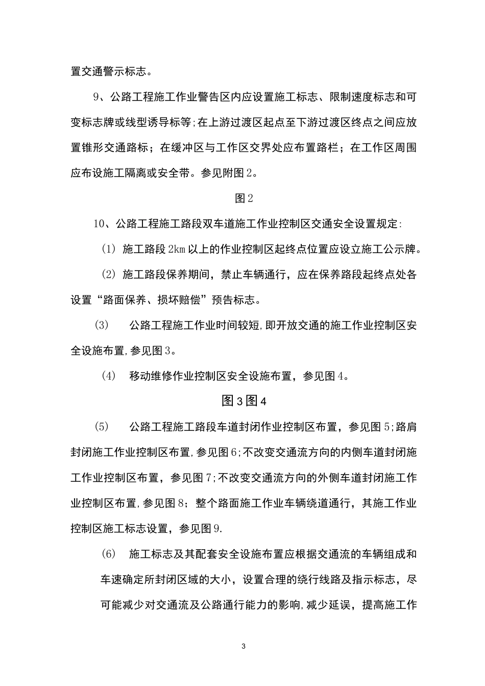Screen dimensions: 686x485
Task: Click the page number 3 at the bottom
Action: tap(243, 647)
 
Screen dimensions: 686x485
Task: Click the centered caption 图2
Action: tap(243, 198)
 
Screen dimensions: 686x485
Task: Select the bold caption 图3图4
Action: tap(244, 401)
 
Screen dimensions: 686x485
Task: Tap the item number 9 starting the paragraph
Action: tap(96, 97)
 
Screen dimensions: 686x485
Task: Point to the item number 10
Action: tap(99, 224)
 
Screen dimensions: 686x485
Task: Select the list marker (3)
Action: tap(102, 325)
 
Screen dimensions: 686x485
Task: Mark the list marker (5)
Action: tap(102, 427)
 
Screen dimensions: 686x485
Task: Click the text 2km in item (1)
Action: tap(177, 249)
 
